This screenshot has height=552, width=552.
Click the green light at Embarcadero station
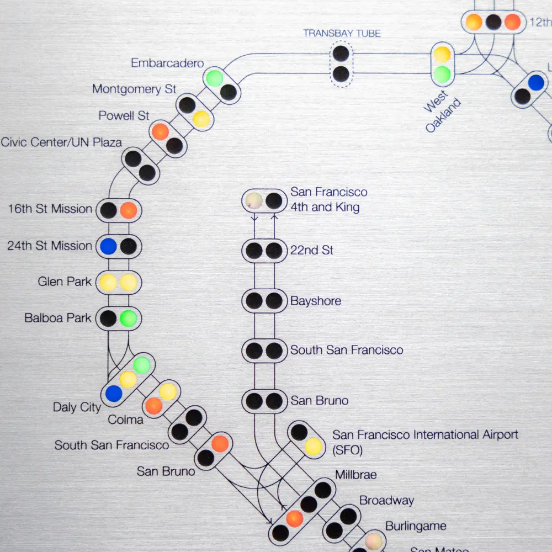(x=214, y=78)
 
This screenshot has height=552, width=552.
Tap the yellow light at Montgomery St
(x=201, y=119)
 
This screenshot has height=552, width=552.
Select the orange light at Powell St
(x=160, y=132)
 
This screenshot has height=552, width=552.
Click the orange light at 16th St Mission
(x=128, y=210)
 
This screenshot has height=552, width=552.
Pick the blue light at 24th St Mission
(x=108, y=246)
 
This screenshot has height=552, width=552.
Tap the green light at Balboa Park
(x=128, y=319)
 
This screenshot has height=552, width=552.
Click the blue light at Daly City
(x=114, y=394)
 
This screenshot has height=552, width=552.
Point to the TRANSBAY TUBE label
(x=342, y=33)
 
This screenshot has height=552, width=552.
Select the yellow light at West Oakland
(x=442, y=54)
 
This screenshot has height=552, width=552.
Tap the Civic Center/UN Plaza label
(x=61, y=142)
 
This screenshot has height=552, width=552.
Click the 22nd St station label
(x=312, y=250)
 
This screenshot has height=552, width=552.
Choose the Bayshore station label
(x=316, y=301)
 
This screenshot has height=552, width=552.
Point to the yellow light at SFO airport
(x=313, y=446)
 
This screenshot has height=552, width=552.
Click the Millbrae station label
(x=356, y=475)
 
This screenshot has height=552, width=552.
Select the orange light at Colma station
(x=153, y=406)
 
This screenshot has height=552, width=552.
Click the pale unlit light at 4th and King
(x=253, y=200)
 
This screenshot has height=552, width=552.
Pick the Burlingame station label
(x=416, y=526)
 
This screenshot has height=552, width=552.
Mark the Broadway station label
(x=386, y=501)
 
